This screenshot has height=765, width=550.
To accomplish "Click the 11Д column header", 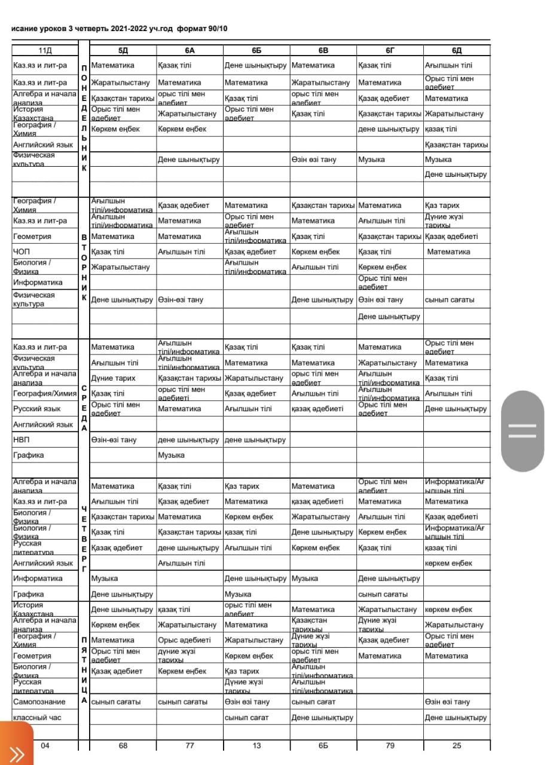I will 45,50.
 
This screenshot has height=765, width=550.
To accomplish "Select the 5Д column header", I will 123,50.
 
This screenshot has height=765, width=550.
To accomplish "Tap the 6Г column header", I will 390,50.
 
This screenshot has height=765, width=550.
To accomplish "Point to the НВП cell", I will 22,440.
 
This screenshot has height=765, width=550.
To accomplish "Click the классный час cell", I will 37,717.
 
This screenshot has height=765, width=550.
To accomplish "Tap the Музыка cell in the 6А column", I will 171,455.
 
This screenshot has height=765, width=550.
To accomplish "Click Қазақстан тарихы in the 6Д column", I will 456,145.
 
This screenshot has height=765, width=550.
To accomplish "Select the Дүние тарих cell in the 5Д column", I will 113,378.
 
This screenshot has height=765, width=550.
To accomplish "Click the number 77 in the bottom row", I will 190,745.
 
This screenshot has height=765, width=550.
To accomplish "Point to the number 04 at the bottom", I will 45,745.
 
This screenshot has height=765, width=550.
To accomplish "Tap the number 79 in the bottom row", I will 390,745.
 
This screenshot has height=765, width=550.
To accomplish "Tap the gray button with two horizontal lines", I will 522,430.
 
